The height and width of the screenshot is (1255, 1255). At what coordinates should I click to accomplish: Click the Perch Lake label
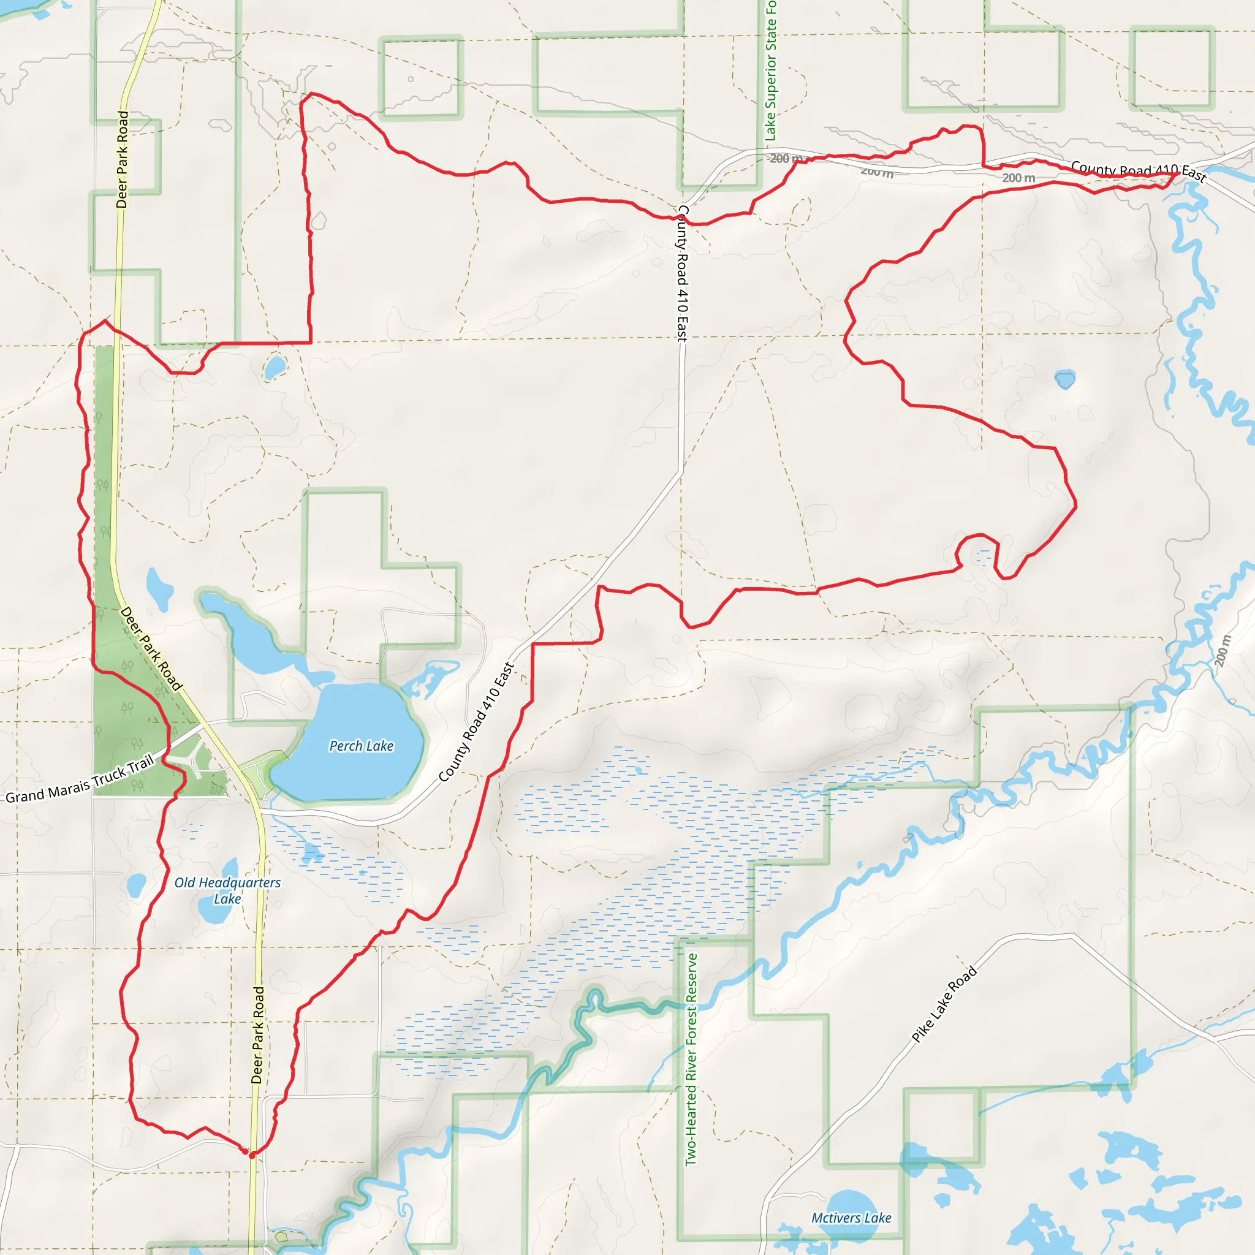361,746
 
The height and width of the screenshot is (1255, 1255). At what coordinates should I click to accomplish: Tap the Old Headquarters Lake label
227,890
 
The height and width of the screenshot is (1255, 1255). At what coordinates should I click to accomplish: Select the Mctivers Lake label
851,1218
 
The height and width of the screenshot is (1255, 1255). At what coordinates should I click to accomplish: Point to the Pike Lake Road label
944,1004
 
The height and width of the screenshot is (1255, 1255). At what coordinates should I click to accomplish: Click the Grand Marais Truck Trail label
79,780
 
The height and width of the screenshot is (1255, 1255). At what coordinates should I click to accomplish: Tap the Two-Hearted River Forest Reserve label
691,1059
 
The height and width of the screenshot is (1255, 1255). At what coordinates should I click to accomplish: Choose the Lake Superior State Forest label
770,72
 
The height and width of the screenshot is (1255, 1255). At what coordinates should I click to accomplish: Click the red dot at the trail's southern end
252,1155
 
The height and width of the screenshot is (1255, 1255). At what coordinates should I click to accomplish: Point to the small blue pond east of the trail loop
1064,379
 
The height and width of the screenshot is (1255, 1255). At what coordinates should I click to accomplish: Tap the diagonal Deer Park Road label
151,648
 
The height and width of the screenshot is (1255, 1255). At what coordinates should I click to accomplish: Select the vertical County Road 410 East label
681,273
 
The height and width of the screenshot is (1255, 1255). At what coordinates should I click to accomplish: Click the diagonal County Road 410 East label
476,722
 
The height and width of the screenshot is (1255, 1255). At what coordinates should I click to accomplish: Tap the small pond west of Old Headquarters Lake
137,885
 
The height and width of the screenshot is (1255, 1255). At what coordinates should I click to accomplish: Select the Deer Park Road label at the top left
122,159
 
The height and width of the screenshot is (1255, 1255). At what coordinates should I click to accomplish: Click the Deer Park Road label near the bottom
258,1036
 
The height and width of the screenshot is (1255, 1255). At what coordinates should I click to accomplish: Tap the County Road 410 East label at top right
1138,171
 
